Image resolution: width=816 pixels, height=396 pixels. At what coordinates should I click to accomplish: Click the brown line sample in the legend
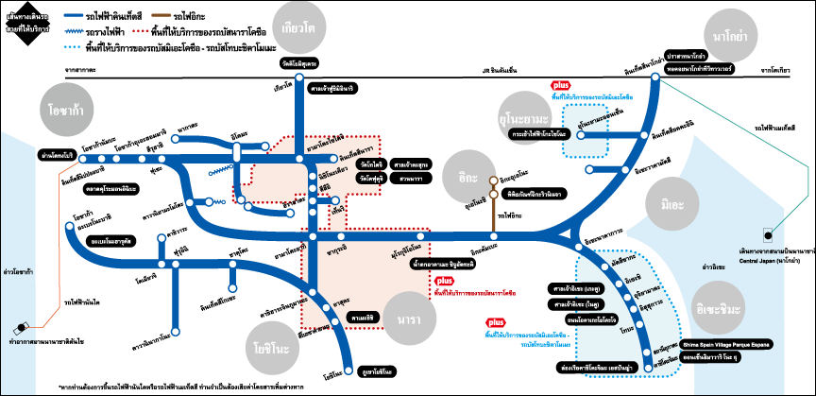pos(161,16)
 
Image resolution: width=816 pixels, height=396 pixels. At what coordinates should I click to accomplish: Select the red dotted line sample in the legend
pos(140,31)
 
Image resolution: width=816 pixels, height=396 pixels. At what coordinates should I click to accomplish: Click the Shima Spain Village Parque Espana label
pos(726,344)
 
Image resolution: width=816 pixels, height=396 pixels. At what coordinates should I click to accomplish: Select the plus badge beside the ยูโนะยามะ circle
pos(561,85)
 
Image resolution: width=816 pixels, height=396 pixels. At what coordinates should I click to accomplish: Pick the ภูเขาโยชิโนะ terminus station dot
pos(342,370)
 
